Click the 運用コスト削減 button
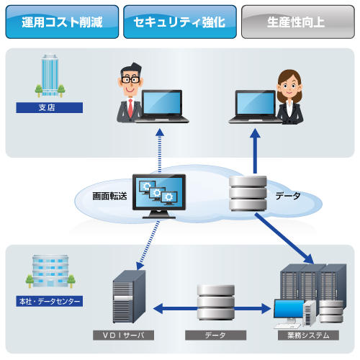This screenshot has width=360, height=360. pyautogui.click(x=62, y=22)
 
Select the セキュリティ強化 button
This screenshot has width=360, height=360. pyautogui.click(x=180, y=22)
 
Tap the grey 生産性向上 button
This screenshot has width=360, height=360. pyautogui.click(x=298, y=22)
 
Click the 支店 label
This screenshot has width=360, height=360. pyautogui.click(x=50, y=107)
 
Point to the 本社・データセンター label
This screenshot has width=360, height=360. pyautogui.click(x=50, y=301)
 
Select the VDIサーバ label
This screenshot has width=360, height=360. pyautogui.click(x=123, y=335)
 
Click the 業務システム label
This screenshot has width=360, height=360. pyautogui.click(x=308, y=335)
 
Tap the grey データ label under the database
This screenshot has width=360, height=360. pyautogui.click(x=215, y=335)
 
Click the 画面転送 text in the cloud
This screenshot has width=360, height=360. pyautogui.click(x=109, y=196)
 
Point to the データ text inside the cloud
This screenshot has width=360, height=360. pyautogui.click(x=288, y=196)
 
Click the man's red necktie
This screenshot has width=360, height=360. pyautogui.click(x=130, y=108)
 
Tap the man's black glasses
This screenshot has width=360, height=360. pyautogui.click(x=130, y=79)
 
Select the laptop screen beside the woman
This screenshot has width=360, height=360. pyautogui.click(x=256, y=103)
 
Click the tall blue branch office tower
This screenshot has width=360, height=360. pyautogui.click(x=50, y=75)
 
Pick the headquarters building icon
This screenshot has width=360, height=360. pyautogui.click(x=50, y=271)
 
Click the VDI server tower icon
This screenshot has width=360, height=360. pyautogui.click(x=129, y=297)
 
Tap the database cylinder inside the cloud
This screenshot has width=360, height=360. pyautogui.click(x=248, y=194)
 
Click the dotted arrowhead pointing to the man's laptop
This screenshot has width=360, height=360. pyautogui.click(x=160, y=132)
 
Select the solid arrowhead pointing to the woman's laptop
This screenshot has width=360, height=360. pyautogui.click(x=255, y=133)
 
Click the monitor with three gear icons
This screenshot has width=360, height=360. pyautogui.click(x=159, y=196)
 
